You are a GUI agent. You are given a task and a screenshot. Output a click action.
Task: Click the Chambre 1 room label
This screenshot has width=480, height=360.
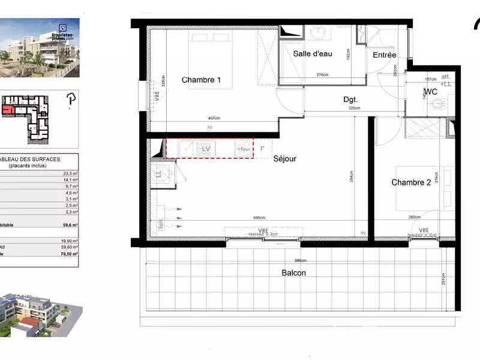click(x=202, y=80)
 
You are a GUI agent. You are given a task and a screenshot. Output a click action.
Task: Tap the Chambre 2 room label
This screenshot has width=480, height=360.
click(x=411, y=182)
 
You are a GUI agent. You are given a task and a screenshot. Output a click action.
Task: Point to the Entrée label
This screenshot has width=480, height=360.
click(x=385, y=55)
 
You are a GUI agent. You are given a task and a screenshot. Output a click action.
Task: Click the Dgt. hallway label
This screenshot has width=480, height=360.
click(x=350, y=100)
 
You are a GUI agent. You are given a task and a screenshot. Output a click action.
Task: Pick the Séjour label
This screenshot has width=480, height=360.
click(x=285, y=159)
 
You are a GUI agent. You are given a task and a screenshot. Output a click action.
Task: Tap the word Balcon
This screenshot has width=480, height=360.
click(x=294, y=273)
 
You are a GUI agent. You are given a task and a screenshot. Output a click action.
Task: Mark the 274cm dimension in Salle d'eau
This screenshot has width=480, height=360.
click(x=323, y=75)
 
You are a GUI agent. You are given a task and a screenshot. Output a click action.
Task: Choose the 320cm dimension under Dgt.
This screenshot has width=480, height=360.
click(x=355, y=109)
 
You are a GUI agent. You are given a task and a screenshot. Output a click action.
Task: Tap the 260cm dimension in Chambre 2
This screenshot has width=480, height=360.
click(x=415, y=218)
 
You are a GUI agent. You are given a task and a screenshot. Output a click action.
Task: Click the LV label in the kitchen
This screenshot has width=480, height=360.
click(x=206, y=148)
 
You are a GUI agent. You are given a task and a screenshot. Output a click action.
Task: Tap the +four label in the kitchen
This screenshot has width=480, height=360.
click(x=244, y=148)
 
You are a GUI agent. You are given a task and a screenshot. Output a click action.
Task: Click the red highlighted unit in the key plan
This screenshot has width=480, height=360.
click(x=8, y=109)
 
